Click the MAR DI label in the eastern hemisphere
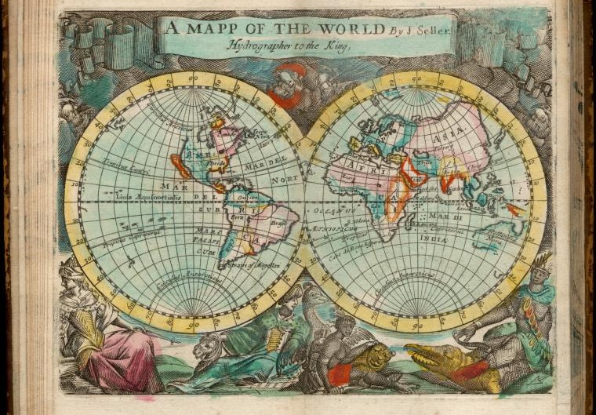440,211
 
